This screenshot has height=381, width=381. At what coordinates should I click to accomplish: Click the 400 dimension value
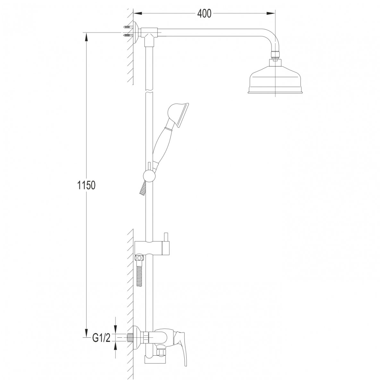204,14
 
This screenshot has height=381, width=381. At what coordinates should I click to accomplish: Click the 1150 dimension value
86,185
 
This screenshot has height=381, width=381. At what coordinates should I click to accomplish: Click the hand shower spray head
179,115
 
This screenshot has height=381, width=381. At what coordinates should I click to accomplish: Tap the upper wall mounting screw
128,27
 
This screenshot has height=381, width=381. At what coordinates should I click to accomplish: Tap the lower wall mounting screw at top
128,36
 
